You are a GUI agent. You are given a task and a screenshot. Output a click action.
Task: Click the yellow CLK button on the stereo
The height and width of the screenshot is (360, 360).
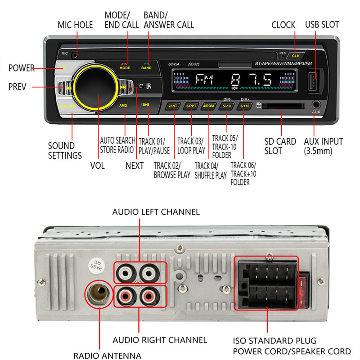point(296,55)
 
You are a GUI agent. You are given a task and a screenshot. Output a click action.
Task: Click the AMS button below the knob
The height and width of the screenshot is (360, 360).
point(123,105)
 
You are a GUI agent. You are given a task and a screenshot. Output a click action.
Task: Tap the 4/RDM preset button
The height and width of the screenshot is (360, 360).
point(209,106)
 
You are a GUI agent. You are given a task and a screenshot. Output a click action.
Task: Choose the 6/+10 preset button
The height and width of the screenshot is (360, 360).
point(245,106)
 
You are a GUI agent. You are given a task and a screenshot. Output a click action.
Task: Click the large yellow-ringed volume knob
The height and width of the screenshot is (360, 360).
point(95,86)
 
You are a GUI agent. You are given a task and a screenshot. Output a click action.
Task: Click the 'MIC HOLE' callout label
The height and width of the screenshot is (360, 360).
point(75,25)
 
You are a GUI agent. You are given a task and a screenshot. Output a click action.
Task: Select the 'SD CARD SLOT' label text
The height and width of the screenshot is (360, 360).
point(280,146)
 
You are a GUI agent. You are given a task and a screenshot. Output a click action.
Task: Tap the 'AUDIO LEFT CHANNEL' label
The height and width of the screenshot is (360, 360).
point(156,211)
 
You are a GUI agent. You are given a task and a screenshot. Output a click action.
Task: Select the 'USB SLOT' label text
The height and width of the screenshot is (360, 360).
point(322,25)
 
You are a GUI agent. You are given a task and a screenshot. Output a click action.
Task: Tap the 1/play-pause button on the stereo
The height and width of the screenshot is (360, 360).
point(145,105)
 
